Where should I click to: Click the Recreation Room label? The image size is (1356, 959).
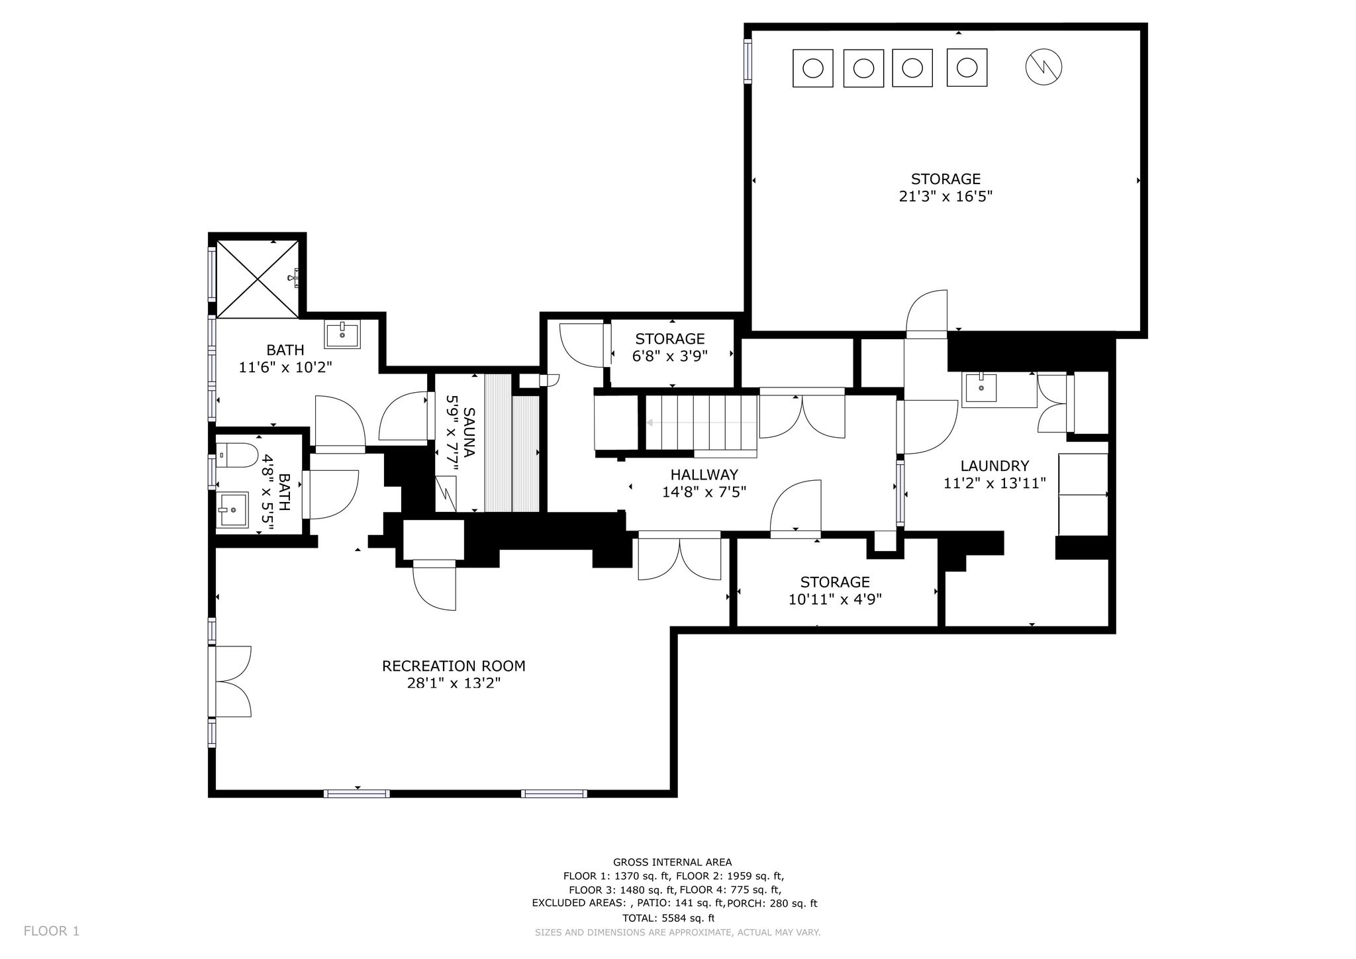[x=454, y=666]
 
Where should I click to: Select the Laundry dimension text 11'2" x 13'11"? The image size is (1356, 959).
[x=994, y=483]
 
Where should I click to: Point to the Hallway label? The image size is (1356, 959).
[x=704, y=474]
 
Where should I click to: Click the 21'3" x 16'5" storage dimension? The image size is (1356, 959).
[x=945, y=197]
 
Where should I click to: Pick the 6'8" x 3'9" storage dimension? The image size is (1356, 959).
[x=670, y=356]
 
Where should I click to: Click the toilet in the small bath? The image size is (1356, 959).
[x=237, y=455]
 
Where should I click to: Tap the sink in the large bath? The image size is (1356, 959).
[x=342, y=334]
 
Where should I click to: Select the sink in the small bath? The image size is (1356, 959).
[x=232, y=509]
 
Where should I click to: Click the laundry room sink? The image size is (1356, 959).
[x=981, y=388]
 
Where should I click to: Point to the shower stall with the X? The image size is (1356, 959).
[x=258, y=279]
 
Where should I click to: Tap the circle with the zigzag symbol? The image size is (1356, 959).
[x=1043, y=66]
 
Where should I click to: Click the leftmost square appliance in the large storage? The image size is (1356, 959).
[x=813, y=68]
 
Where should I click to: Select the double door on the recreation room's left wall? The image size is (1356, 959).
[x=230, y=681]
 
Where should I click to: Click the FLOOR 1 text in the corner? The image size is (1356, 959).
[x=52, y=931]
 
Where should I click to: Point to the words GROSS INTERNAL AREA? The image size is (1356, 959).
[x=672, y=862]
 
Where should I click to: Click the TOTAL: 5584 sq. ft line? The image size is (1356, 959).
[x=669, y=918]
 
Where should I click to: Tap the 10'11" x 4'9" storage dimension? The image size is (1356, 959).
[x=835, y=599]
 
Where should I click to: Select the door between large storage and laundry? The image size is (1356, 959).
[x=926, y=314]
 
